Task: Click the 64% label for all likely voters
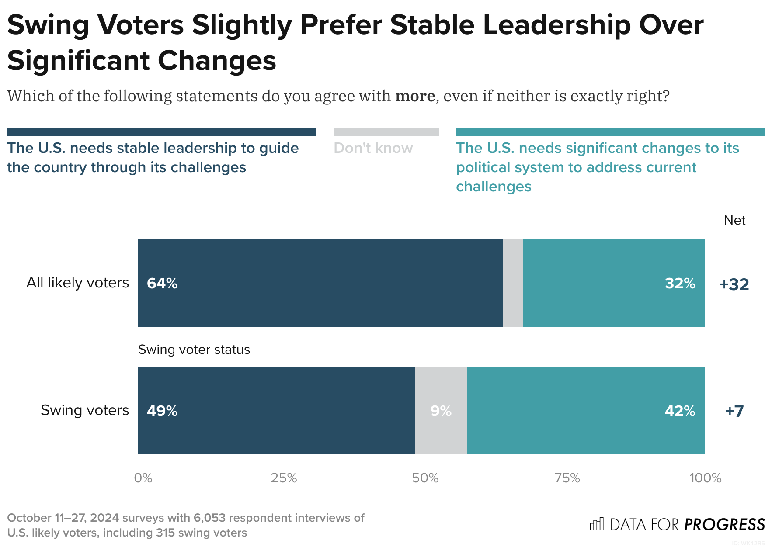coord(162,284)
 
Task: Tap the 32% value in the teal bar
coord(680,284)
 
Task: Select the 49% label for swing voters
coord(162,411)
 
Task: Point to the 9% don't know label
coord(441,411)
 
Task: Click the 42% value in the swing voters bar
coord(680,411)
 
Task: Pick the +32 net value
coord(734,284)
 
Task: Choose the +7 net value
coord(734,411)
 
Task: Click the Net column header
coord(734,220)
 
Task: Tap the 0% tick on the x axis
coord(143,478)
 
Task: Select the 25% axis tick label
coord(284,478)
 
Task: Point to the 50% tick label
coord(425,478)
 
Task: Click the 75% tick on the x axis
coord(567,478)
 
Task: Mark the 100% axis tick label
coord(705,478)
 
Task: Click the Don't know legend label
coord(373,148)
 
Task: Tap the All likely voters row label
coord(78,283)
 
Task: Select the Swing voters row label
coord(85,410)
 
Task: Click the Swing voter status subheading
coord(194,350)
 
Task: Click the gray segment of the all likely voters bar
coord(512,283)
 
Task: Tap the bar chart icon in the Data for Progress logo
coord(597,524)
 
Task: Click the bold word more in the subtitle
coord(415,96)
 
